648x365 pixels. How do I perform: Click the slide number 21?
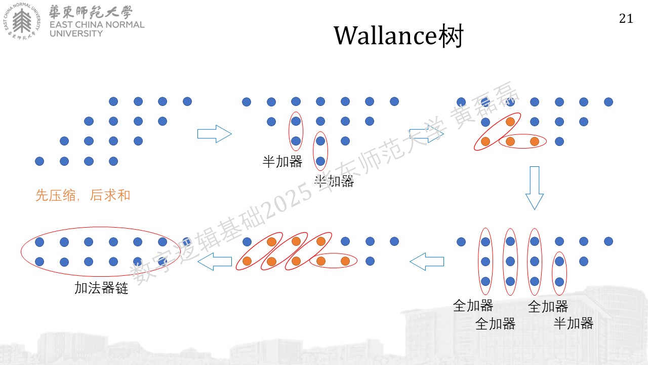click(x=626, y=19)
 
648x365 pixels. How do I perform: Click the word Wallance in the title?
click(x=385, y=35)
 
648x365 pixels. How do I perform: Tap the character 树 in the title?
click(x=451, y=35)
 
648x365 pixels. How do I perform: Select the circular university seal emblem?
click(x=22, y=21)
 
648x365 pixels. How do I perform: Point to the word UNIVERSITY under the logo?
click(x=76, y=33)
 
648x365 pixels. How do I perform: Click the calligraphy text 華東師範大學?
click(x=91, y=12)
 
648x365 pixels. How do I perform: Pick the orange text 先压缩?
click(x=56, y=195)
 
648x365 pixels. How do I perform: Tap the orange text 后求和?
click(x=110, y=195)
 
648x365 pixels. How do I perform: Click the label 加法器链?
click(x=101, y=288)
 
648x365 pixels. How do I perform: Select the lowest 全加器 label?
click(x=495, y=323)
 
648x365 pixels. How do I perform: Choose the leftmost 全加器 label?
click(x=473, y=306)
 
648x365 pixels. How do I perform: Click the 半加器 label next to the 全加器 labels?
click(x=574, y=323)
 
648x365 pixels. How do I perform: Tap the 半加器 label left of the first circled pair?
click(x=282, y=162)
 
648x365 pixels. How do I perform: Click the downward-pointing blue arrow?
click(x=534, y=188)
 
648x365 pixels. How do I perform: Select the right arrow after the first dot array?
click(x=214, y=134)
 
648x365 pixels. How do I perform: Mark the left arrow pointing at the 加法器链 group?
click(x=215, y=262)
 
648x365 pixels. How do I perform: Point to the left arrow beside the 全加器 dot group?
click(x=427, y=262)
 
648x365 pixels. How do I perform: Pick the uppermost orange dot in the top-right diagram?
click(x=510, y=122)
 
